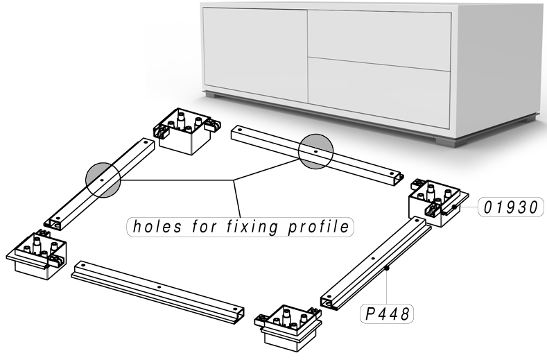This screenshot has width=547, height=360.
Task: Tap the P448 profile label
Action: click(x=385, y=314)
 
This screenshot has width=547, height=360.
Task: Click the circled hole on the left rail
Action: click(x=103, y=180)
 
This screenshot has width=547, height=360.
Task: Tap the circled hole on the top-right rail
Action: click(x=315, y=151)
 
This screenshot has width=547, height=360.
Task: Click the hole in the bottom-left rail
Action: click(x=159, y=286)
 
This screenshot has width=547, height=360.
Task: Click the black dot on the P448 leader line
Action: click(x=390, y=267)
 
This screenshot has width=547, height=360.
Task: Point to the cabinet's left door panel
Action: click(x=253, y=49)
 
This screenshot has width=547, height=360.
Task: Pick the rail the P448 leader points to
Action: click(x=374, y=259)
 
